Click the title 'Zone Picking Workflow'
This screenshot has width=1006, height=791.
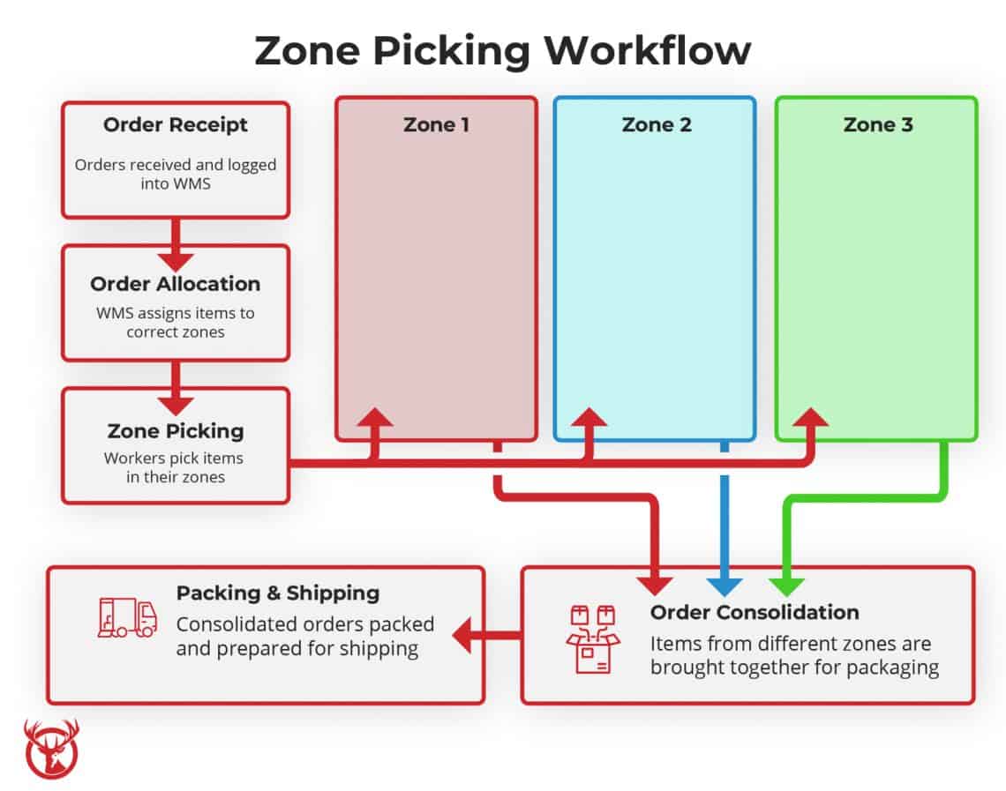502,51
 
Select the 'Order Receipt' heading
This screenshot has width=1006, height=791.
175,125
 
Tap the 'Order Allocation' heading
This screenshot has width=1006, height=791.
175,284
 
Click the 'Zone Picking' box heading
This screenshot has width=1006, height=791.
175,431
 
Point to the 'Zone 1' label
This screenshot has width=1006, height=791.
436,125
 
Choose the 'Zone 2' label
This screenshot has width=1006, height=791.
656,125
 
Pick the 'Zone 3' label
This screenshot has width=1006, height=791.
877,125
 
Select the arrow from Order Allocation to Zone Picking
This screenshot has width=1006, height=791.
175,389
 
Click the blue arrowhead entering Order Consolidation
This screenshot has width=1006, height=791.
724,585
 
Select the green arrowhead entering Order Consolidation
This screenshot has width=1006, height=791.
785,585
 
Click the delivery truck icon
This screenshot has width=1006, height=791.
127,617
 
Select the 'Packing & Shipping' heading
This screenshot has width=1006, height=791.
278,593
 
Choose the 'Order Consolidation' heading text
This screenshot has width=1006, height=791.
754,612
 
